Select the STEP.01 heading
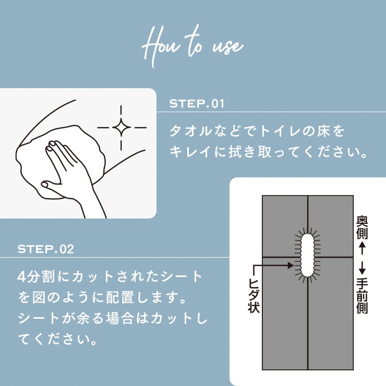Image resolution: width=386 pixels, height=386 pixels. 197,104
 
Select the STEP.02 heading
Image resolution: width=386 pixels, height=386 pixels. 46,249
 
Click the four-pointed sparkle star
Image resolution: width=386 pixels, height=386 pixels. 122,127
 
